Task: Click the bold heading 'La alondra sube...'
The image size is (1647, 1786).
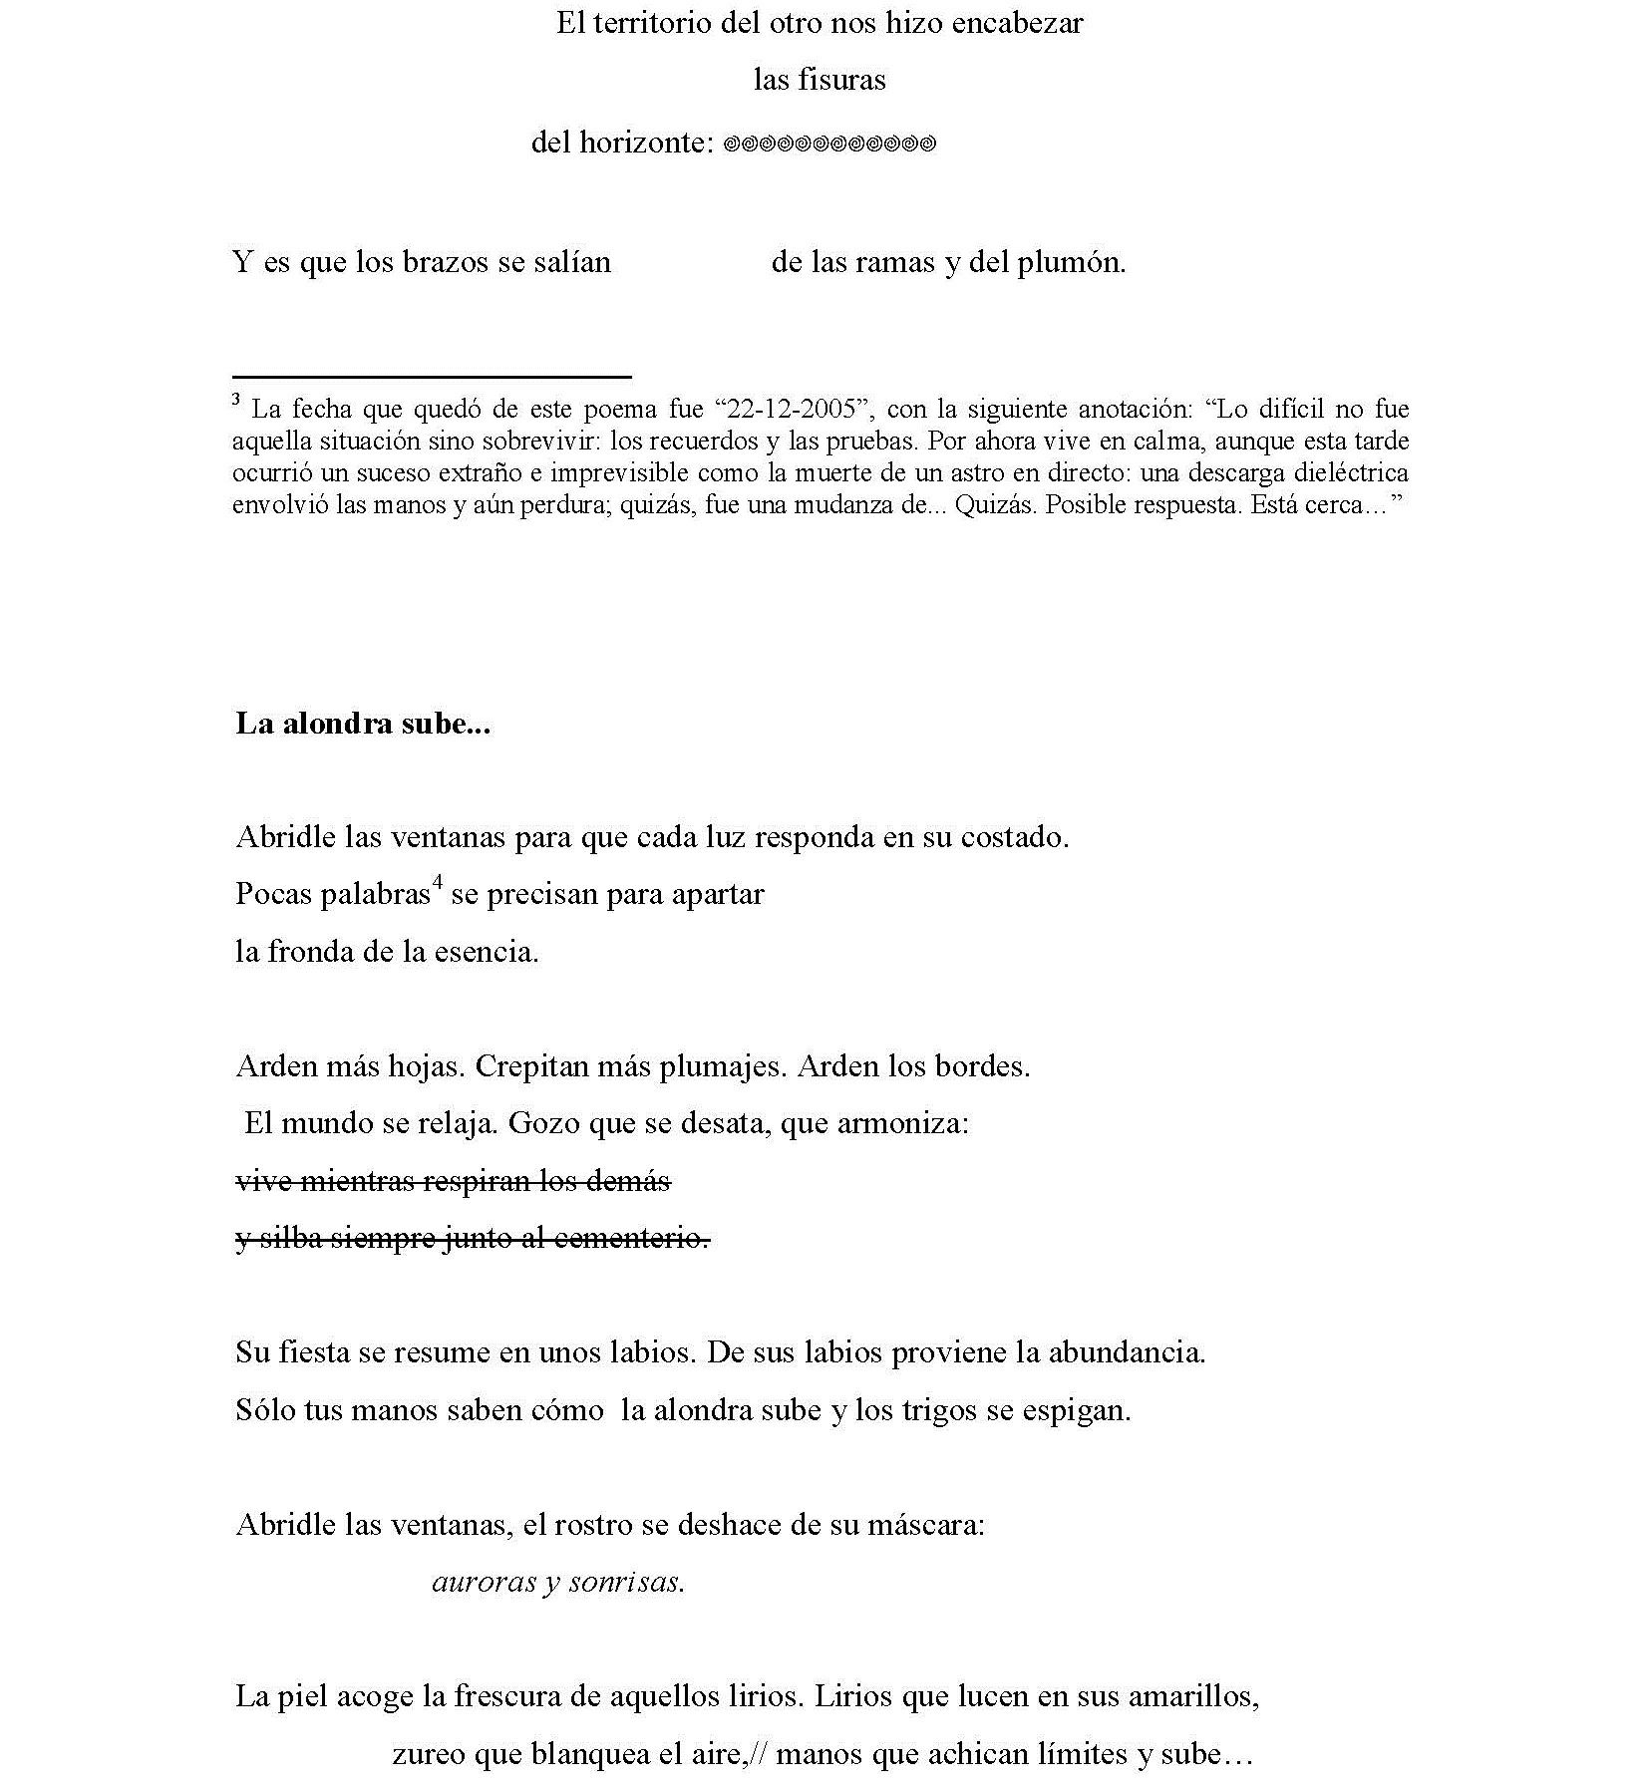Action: [x=363, y=724]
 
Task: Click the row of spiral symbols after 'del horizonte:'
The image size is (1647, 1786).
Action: [x=828, y=145]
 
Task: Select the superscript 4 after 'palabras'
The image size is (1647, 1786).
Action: [x=437, y=883]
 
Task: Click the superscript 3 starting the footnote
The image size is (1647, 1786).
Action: [x=236, y=401]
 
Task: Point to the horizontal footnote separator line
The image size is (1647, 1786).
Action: [x=432, y=377]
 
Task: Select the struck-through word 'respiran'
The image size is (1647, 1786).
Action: [x=479, y=1182]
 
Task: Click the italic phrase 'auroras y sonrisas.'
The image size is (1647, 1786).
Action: [x=558, y=1582]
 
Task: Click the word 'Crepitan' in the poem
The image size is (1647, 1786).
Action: [x=531, y=1066]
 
